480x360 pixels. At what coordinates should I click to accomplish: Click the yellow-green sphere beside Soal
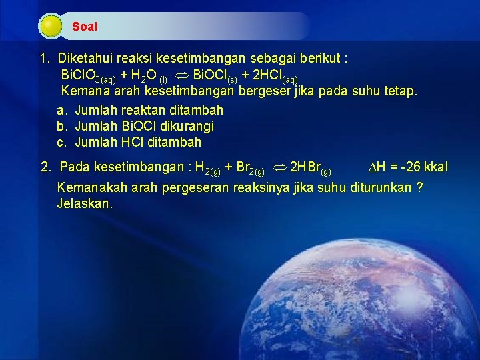51,27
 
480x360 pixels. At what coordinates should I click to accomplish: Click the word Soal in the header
85,27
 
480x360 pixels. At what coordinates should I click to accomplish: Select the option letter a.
61,110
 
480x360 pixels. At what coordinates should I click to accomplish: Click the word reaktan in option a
142,110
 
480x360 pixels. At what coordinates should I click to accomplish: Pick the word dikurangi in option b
186,126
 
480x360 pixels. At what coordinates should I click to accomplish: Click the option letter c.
61,142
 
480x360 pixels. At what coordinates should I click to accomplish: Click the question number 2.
46,166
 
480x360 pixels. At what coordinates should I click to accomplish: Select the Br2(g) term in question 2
251,167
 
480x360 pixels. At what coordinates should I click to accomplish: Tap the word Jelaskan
85,204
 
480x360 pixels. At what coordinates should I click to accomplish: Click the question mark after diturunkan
419,187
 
